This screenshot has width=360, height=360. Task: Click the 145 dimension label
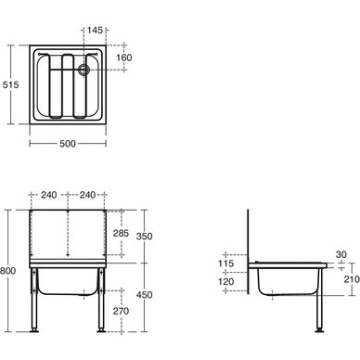(x=95, y=31)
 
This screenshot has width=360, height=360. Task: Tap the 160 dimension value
(x=124, y=58)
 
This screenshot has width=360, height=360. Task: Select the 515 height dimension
(x=11, y=84)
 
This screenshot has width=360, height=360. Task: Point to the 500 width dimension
(x=68, y=144)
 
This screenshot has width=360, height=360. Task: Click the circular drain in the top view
(x=84, y=70)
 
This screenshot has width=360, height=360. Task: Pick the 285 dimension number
(x=121, y=233)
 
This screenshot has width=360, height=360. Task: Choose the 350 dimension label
(x=145, y=237)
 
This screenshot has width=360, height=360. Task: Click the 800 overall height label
(x=7, y=271)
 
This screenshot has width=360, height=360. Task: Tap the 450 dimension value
(x=145, y=295)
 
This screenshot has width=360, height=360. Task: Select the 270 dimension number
(x=121, y=311)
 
